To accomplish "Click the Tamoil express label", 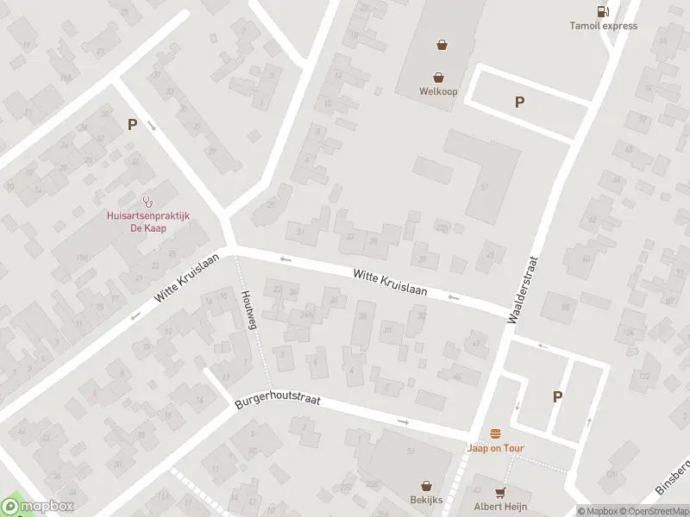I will pos(603,26).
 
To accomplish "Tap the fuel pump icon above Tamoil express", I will pos(602,10).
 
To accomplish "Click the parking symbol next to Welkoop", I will pos(519,102).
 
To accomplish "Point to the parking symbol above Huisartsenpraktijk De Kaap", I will pos(132,124).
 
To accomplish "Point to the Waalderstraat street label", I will pos(524,289).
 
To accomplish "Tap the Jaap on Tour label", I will pos(495,448).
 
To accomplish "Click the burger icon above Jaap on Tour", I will pos(495,433).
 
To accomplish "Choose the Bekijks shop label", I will pos(425,500).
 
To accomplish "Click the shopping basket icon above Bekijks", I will pos(425,486).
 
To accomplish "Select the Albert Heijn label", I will pos(499,506).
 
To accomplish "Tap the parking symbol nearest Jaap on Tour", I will pos(557,396).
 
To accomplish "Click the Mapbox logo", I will pos(38,507).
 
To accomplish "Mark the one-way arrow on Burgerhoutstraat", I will pos(404,421).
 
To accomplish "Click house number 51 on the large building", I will pos(485,187).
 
